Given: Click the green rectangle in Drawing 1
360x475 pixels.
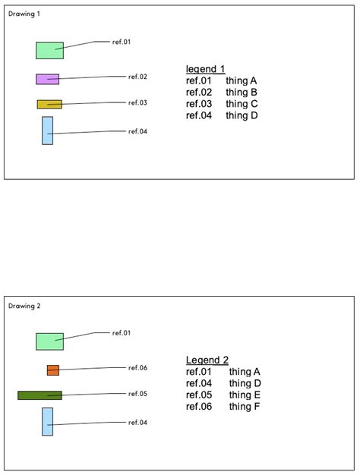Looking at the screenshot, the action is pos(49,50).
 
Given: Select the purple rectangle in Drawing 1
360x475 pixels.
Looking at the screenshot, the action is pos(48,79).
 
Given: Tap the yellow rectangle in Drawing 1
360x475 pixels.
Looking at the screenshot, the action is pos(49,104).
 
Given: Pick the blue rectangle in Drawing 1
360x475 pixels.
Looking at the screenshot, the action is pos(48,131).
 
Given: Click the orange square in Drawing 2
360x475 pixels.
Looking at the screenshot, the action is pos(53,370).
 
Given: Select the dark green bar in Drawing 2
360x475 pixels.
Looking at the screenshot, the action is pos(39,395).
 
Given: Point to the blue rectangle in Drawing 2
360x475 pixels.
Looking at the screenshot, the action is pos(48,422).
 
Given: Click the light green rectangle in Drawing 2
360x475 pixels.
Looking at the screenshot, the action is pos(49,341).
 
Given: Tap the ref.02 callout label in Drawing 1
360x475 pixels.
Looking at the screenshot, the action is pos(137,77).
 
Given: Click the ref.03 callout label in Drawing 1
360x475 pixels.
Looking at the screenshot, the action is pos(137,102).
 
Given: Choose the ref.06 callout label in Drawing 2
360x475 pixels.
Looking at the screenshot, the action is pos(137,368).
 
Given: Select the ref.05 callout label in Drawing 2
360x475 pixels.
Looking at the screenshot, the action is pos(137,394).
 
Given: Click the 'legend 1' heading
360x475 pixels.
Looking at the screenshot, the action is pos(205,69).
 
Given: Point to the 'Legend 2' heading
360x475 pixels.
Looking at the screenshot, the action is pos(207,360).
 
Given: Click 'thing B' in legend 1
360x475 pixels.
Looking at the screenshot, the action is pos(242,92).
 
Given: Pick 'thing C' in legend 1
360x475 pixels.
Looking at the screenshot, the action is pos(242,104).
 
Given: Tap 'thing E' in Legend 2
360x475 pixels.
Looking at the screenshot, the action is pos(245,395).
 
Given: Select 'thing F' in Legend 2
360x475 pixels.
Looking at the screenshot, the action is pos(245,406).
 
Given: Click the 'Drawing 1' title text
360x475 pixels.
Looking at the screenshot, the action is pos(24,14).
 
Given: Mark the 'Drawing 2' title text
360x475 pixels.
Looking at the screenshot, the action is pos(24,306).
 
